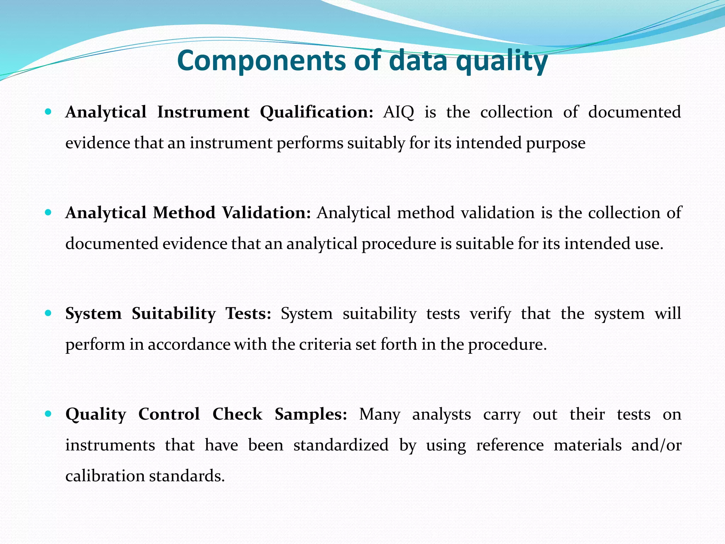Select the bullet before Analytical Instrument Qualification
(48, 112)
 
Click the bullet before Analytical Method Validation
(48, 213)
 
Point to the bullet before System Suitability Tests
(48, 313)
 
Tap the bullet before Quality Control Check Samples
(48, 414)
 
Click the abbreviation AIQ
(399, 112)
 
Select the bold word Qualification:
(316, 112)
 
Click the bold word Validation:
(267, 213)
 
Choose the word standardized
(341, 445)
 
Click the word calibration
(105, 476)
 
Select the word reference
(510, 445)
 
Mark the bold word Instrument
(203, 112)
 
